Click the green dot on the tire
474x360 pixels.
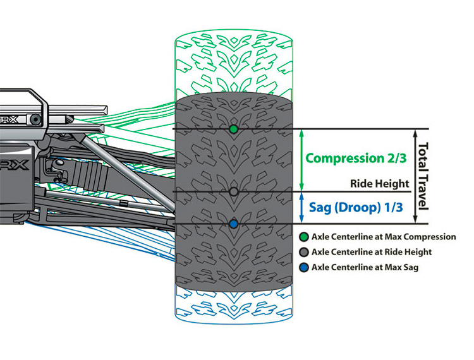click(234, 129)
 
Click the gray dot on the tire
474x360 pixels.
click(234, 191)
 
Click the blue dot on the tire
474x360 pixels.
click(234, 224)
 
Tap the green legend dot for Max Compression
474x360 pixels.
click(305, 237)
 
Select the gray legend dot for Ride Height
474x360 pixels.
click(305, 252)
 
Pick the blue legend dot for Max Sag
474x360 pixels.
click(305, 267)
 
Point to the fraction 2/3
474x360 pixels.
click(393, 159)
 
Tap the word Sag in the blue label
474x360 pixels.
click(320, 207)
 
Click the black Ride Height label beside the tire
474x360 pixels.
click(379, 184)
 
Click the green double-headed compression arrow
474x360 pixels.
click(301, 160)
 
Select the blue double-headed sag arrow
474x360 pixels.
click(301, 207)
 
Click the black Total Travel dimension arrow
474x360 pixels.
click(415, 176)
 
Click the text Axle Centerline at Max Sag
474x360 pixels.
click(365, 267)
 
